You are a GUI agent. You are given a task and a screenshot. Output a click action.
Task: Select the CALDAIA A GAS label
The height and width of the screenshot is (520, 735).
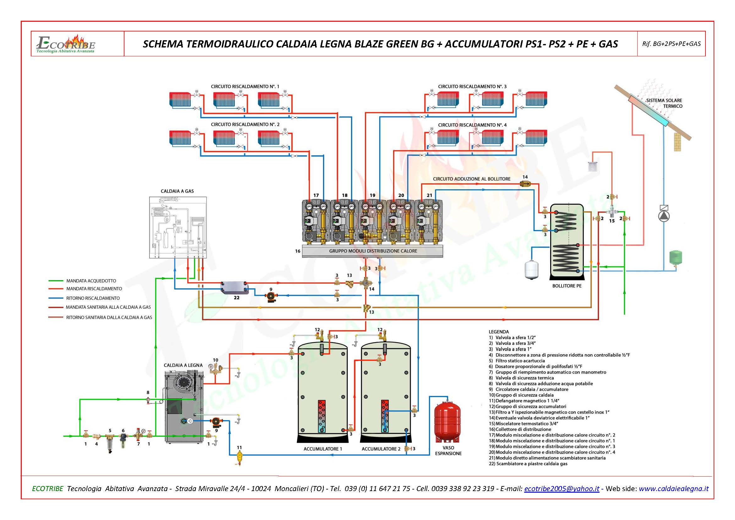pyautogui.click(x=177, y=191)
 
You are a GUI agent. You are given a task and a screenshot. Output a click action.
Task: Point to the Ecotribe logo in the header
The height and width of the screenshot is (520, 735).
pyautogui.click(x=66, y=44)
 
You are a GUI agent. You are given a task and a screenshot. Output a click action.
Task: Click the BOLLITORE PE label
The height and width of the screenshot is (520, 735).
pyautogui.click(x=567, y=286)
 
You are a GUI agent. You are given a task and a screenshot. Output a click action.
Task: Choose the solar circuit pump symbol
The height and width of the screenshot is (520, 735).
pyautogui.click(x=664, y=216)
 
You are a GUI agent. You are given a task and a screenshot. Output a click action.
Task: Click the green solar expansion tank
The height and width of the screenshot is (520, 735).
pyautogui.click(x=676, y=258)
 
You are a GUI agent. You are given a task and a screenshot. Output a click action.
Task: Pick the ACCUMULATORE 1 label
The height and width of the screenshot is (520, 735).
pyautogui.click(x=323, y=449)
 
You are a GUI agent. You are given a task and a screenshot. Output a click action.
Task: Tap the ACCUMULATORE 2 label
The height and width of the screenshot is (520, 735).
pyautogui.click(x=381, y=449)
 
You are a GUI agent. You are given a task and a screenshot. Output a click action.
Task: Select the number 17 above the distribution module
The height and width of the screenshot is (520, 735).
pyautogui.click(x=316, y=195)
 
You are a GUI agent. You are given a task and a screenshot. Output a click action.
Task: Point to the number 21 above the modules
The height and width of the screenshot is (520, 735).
pyautogui.click(x=429, y=195)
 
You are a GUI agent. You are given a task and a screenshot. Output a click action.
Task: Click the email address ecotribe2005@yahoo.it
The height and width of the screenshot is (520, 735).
pyautogui.click(x=562, y=489)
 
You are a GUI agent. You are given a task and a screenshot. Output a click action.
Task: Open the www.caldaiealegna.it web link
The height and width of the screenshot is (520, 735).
pyautogui.click(x=673, y=489)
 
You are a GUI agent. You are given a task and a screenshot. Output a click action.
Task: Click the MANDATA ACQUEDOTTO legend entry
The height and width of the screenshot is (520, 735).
pyautogui.click(x=91, y=281)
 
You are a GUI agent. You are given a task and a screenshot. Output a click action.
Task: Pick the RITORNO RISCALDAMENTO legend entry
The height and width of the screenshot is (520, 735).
pyautogui.click(x=93, y=298)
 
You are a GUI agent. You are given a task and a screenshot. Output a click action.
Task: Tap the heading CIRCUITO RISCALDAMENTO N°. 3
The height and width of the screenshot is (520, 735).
pyautogui.click(x=472, y=86)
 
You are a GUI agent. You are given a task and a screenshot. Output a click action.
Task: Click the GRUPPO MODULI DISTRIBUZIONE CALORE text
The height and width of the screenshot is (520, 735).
pyautogui.click(x=373, y=251)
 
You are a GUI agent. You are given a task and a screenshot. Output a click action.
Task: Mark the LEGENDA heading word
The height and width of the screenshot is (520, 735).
pyautogui.click(x=498, y=332)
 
